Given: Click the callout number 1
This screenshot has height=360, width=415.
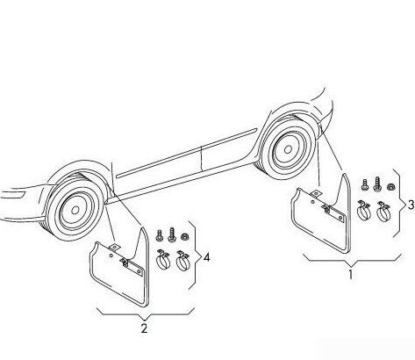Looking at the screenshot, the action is (x=351, y=275).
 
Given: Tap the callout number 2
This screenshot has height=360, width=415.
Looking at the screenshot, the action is (x=144, y=328).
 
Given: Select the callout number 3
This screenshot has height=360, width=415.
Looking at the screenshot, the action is (x=411, y=205).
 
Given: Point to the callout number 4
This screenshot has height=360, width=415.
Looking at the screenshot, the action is (x=206, y=258).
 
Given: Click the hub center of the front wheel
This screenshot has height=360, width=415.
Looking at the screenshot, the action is (x=75, y=210).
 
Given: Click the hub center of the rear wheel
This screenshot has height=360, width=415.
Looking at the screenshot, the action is (x=288, y=149).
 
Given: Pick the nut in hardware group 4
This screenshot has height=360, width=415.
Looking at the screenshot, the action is (x=184, y=236).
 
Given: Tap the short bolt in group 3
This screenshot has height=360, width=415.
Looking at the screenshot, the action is (x=364, y=185).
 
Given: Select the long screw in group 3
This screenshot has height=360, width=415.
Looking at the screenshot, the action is (x=376, y=184).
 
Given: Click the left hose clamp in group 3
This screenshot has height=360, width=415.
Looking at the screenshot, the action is (x=363, y=210).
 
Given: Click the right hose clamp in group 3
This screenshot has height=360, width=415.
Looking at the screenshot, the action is (x=383, y=212).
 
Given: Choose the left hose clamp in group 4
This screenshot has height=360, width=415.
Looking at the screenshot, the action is (x=164, y=259).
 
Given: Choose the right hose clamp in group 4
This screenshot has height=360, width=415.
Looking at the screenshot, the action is (x=182, y=261).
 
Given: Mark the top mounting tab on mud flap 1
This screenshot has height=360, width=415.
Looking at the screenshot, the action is (x=316, y=194).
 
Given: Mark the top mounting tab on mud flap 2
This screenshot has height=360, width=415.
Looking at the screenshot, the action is (x=115, y=247).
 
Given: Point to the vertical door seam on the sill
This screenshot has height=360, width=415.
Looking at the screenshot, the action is (x=202, y=158).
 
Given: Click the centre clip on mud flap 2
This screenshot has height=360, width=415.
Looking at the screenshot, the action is (x=125, y=263).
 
